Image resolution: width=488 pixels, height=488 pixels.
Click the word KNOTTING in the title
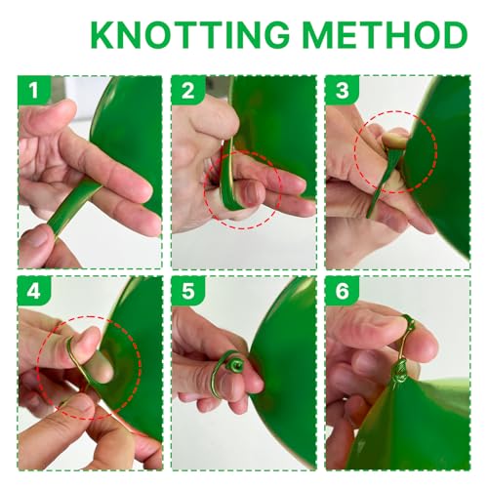coord(190,34)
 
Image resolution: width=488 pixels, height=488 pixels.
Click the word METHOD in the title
coord(386,34)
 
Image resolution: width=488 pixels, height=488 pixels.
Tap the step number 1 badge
coord(34,91)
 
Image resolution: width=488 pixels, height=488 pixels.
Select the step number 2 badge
coord(187,91)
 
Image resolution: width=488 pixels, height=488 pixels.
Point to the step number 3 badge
coord(342,91)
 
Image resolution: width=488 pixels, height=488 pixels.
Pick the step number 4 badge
coord(34,291)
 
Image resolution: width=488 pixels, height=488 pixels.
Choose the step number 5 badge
coord(187,291)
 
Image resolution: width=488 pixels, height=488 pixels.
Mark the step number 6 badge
coord(342,291)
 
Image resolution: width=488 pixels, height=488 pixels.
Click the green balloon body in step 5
coord(286,374)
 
